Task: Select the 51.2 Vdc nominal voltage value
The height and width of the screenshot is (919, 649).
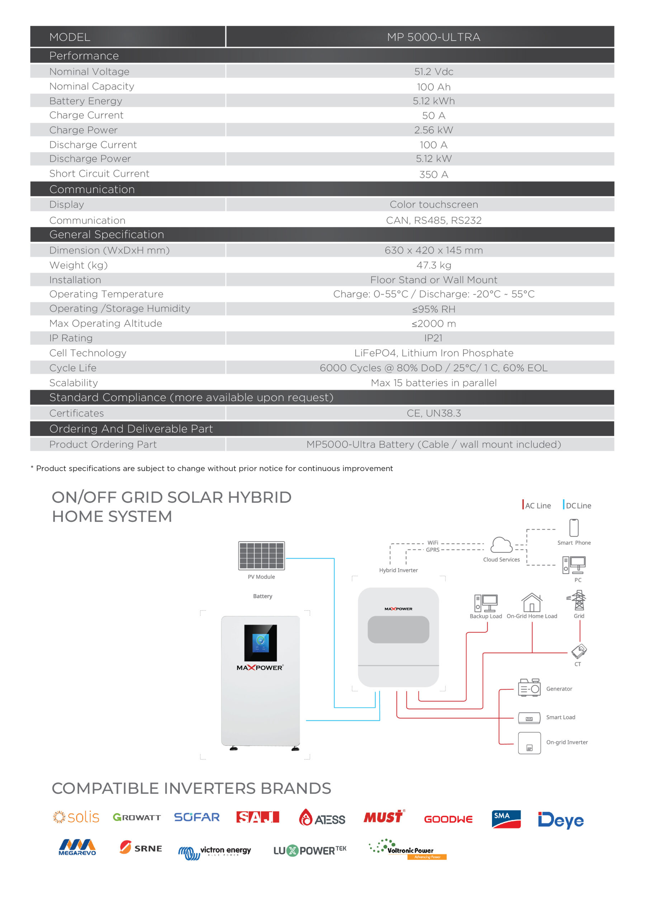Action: click(x=434, y=72)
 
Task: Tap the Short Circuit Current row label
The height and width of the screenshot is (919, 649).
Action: click(x=99, y=174)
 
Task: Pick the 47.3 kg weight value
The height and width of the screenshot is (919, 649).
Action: click(x=434, y=265)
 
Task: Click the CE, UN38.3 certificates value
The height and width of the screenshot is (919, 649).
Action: click(x=434, y=413)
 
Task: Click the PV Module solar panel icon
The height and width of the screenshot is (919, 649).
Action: click(x=261, y=556)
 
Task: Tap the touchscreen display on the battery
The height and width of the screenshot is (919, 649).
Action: click(x=260, y=643)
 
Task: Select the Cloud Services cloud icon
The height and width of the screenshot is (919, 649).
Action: click(x=501, y=545)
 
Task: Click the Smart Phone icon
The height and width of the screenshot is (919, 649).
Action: click(x=574, y=528)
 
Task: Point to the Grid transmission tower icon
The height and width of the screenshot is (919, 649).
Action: click(x=578, y=600)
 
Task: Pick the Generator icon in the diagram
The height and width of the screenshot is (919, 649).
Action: click(x=529, y=688)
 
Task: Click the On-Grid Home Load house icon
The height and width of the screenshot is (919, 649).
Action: click(x=531, y=602)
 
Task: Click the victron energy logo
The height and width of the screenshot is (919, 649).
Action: click(x=215, y=852)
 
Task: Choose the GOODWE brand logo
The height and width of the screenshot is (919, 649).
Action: click(x=448, y=819)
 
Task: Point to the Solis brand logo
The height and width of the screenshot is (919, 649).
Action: click(x=76, y=817)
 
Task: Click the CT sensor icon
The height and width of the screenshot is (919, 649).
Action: click(x=579, y=651)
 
